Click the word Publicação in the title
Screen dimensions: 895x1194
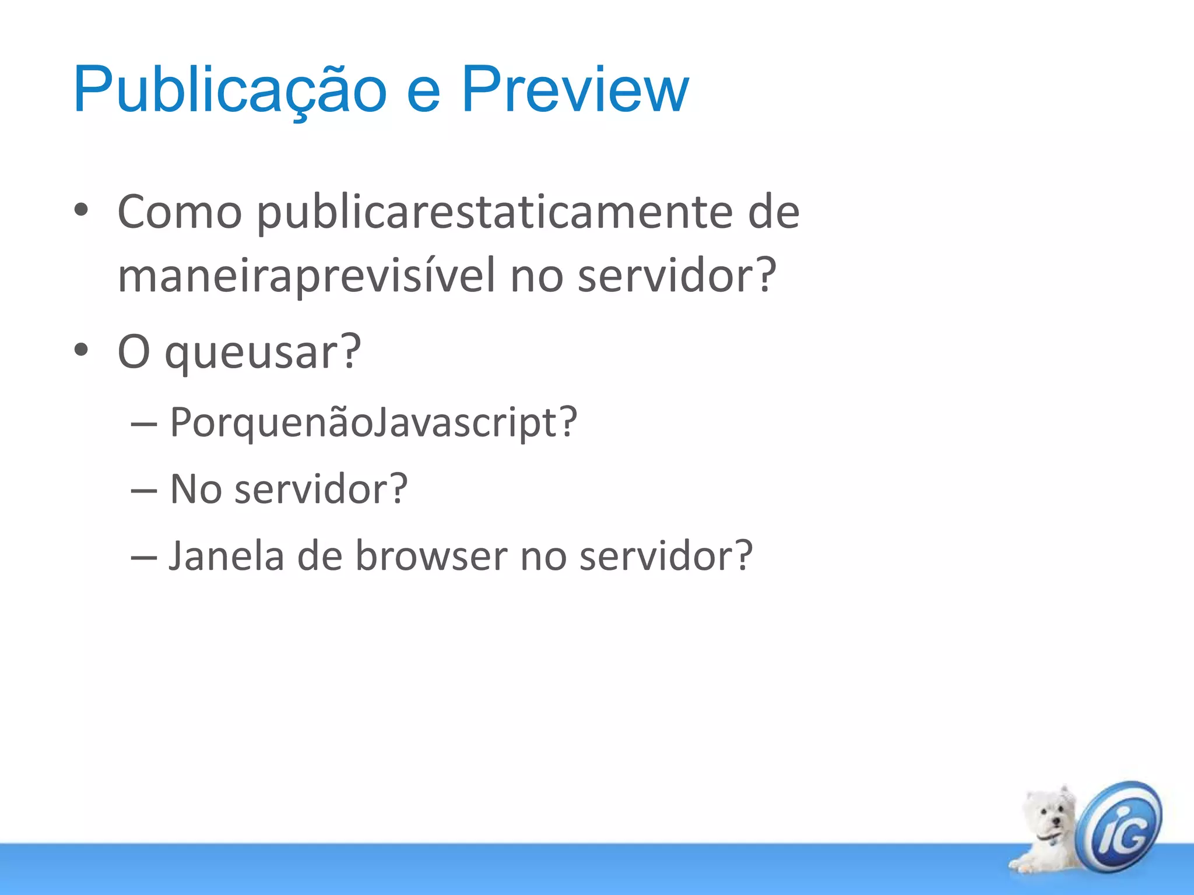pos(230,91)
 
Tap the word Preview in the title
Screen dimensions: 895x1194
pos(575,91)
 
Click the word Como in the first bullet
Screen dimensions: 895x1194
pos(180,212)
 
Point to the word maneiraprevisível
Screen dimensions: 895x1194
pos(307,276)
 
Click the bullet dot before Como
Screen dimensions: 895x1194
pos(81,210)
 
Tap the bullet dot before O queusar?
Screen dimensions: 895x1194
pos(81,350)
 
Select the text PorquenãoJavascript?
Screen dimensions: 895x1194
pos(373,422)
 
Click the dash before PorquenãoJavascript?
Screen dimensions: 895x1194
pos(143,424)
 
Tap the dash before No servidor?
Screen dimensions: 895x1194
pos(143,491)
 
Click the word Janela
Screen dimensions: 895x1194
pos(226,556)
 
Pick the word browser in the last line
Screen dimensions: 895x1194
pos(431,556)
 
